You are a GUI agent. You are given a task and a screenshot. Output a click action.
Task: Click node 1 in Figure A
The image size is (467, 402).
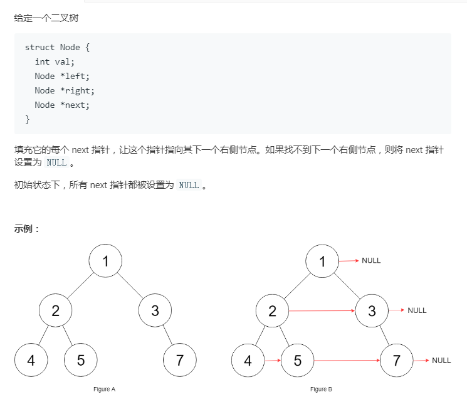pyautogui.click(x=105, y=261)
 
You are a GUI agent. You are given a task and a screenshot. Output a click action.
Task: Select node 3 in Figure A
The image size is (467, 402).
pyautogui.click(x=155, y=310)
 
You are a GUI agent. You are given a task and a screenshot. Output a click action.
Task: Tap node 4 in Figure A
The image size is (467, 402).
pyautogui.click(x=31, y=360)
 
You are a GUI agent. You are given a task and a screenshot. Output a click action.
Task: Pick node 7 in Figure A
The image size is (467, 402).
pyautogui.click(x=179, y=360)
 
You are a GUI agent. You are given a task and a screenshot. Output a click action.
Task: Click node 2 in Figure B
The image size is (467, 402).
pyautogui.click(x=272, y=310)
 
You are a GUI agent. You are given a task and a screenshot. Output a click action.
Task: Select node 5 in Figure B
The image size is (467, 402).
pyautogui.click(x=297, y=360)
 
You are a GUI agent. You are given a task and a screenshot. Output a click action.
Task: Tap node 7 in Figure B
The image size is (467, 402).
pyautogui.click(x=396, y=360)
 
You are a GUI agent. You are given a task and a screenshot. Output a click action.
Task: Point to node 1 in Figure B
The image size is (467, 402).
pyautogui.click(x=322, y=261)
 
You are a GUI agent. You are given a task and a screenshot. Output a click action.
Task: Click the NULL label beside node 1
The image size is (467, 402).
pyautogui.click(x=371, y=260)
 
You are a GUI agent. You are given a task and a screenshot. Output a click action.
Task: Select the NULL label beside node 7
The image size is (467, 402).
pyautogui.click(x=441, y=360)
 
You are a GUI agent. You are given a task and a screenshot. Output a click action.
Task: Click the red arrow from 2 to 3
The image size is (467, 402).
pyautogui.click(x=322, y=310)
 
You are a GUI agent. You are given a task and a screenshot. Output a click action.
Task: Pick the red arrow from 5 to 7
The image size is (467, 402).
pyautogui.click(x=347, y=361)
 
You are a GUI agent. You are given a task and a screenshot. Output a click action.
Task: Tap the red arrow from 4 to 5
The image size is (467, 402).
pyautogui.click(x=272, y=361)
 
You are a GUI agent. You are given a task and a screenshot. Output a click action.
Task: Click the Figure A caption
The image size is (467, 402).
pyautogui.click(x=105, y=389)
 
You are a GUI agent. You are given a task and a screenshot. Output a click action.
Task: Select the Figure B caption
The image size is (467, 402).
pyautogui.click(x=321, y=389)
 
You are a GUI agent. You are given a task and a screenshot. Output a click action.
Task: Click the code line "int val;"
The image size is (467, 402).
pyautogui.click(x=55, y=61)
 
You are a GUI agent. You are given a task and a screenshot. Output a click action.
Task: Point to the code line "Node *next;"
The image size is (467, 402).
pyautogui.click(x=62, y=105)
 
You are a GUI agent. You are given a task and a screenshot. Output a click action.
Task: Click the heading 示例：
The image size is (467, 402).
pyautogui.click(x=27, y=228)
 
